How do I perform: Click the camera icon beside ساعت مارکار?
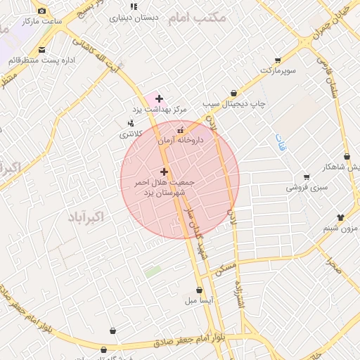tap(42, 11)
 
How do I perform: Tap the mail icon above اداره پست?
tap(42, 50)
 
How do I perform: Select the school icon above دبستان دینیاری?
tap(134, 7)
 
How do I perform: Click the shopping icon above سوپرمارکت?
tap(278, 60)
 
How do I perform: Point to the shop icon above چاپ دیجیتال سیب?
tap(233, 93)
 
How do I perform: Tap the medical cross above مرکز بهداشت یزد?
tap(160, 98)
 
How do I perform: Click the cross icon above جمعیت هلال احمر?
tap(164, 172)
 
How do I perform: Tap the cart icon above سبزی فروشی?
tap(306, 176)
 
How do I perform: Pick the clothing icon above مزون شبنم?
tap(340, 217)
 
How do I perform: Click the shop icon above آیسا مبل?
tap(200, 290)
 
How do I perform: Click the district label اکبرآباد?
tap(86, 217)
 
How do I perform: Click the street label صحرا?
tap(333, 264)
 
